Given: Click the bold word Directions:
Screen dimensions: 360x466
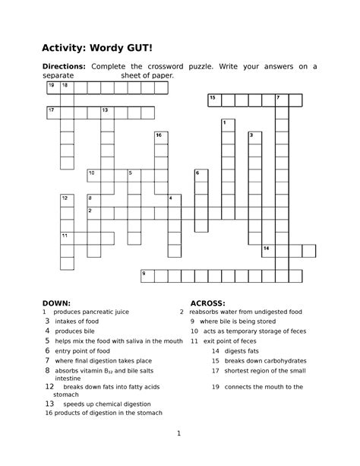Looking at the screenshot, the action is coord(64,67).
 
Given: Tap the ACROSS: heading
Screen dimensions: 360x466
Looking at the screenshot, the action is coord(207,302).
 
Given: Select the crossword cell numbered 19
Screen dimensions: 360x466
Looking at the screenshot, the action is coord(52,87).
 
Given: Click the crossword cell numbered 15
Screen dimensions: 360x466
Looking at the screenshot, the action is coord(214,100).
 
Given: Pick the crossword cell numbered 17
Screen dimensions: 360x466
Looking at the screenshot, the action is coord(52,113).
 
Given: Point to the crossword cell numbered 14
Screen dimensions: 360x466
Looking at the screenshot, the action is coord(268,250).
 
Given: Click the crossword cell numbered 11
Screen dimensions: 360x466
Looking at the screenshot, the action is coord(67,237).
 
